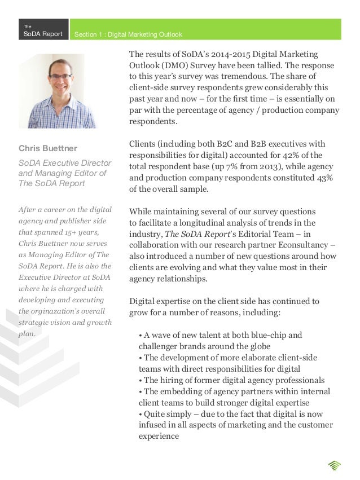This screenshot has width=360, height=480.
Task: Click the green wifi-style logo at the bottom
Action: tap(334, 465)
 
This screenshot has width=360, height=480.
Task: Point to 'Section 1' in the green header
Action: tap(87, 35)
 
